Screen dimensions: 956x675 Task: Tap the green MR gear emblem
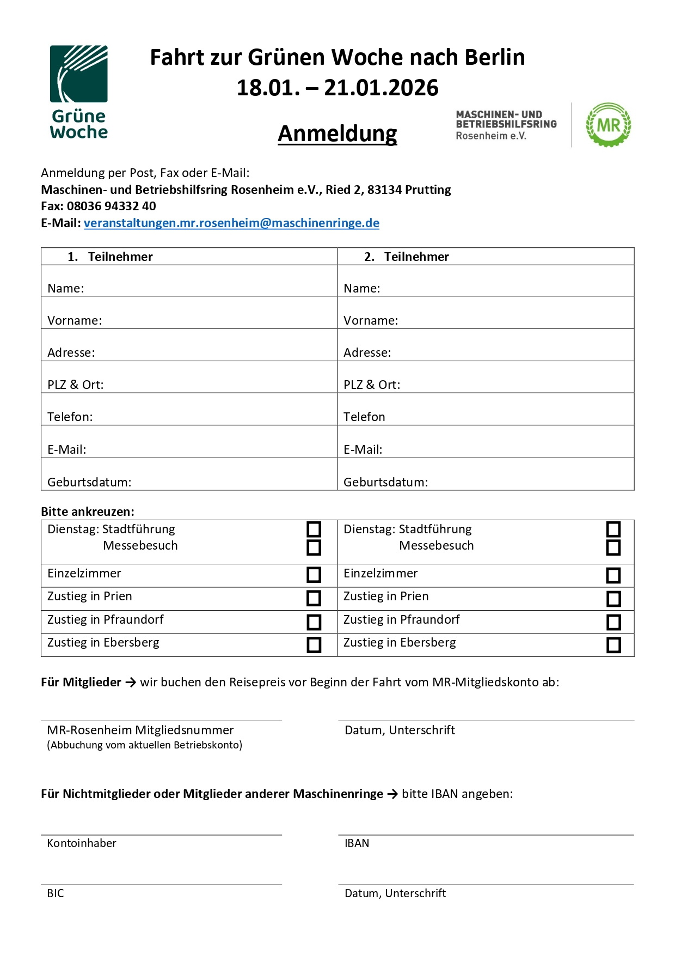pos(608,125)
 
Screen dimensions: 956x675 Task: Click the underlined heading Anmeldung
pos(337,133)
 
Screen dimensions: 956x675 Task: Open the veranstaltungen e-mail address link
pos(231,223)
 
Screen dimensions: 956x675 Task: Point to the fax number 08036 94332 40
pos(111,206)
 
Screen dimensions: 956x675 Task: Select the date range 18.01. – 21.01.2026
pos(337,88)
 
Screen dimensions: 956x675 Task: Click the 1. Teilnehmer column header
pos(110,257)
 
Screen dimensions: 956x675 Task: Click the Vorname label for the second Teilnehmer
pos(371,320)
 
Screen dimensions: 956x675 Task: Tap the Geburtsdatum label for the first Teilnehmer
pos(89,482)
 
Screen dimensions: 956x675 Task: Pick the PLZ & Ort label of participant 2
pos(372,385)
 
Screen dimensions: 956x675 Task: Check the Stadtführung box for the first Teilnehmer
pos(314,529)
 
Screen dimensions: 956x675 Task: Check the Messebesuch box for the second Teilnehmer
pos(613,547)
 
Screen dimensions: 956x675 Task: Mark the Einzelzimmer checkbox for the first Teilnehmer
pos(314,575)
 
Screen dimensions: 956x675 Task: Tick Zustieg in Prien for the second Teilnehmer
pos(613,599)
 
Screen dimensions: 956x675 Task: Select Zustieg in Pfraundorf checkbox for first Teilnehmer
pos(314,622)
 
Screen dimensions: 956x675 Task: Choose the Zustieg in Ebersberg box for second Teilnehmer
pos(613,645)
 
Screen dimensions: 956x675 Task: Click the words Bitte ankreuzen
pos(87,512)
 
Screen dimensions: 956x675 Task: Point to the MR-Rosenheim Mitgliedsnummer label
pos(140,730)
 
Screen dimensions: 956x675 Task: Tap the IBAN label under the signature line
pos(357,843)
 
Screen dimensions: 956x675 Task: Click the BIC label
pos(56,893)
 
